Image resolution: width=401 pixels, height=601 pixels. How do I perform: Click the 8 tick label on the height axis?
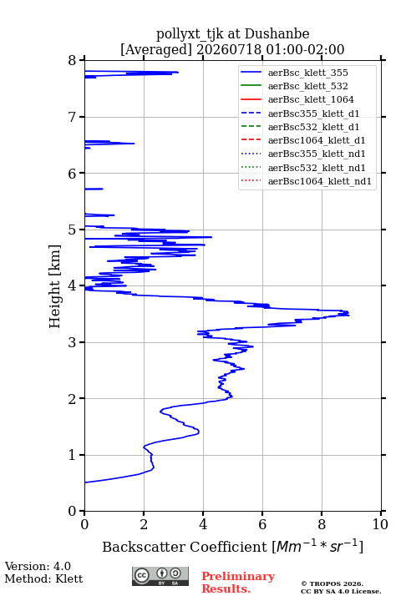coord(72,61)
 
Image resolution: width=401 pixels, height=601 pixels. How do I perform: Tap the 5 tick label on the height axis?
coord(72,230)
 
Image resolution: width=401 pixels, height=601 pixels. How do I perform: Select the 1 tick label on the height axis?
coord(72,455)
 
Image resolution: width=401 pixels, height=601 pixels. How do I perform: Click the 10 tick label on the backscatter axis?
coord(380,524)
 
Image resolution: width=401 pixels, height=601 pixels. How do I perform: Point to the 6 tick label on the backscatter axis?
coord(262,524)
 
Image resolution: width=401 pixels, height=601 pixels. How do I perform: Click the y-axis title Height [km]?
coord(54,286)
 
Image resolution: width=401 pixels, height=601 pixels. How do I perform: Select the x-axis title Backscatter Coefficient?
coord(185,547)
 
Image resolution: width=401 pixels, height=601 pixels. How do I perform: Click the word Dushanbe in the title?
coord(277,34)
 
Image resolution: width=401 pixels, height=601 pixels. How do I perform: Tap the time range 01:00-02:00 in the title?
coord(302,49)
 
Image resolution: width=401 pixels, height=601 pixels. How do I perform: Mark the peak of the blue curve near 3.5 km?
coord(349,314)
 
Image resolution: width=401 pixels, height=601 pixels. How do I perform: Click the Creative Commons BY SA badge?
coord(160,576)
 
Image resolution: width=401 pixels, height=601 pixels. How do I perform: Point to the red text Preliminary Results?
coord(238,583)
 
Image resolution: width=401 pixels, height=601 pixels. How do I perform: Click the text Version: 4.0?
coord(38,566)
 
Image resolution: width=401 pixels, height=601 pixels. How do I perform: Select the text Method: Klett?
coord(43,578)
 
